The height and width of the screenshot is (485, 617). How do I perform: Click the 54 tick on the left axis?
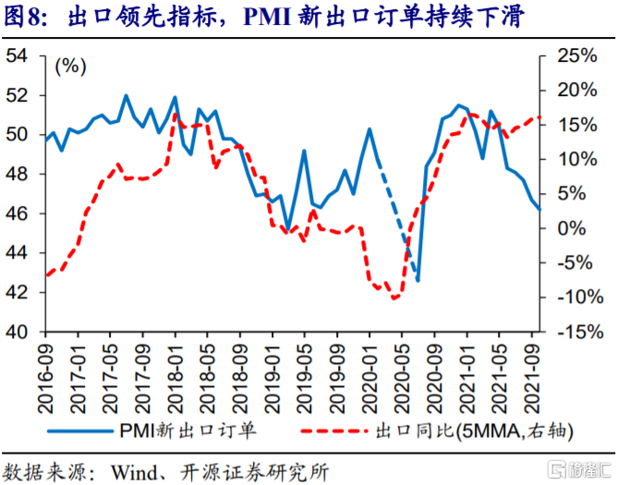[42, 56]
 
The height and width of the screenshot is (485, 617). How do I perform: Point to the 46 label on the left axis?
[17, 213]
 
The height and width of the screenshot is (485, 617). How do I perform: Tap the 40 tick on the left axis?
[42, 332]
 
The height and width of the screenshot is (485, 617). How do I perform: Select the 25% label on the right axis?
[577, 56]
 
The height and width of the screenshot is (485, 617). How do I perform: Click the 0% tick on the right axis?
[542, 228]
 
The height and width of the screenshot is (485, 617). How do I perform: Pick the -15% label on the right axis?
[580, 332]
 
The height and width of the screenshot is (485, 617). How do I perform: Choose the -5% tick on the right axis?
[542, 262]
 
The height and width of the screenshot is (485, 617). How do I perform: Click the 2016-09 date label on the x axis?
[45, 379]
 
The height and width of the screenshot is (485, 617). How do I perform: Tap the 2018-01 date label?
[175, 379]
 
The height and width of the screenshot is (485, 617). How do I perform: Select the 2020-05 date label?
[402, 379]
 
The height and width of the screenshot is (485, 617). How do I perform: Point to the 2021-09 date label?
[532, 379]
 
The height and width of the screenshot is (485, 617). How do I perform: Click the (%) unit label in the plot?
[70, 66]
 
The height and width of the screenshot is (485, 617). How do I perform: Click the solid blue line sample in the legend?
[80, 431]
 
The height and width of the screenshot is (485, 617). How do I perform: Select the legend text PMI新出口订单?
[188, 430]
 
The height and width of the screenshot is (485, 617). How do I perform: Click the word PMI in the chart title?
[267, 18]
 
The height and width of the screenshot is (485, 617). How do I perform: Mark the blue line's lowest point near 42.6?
[417, 280]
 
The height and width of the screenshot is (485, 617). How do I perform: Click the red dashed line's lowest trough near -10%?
[393, 298]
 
